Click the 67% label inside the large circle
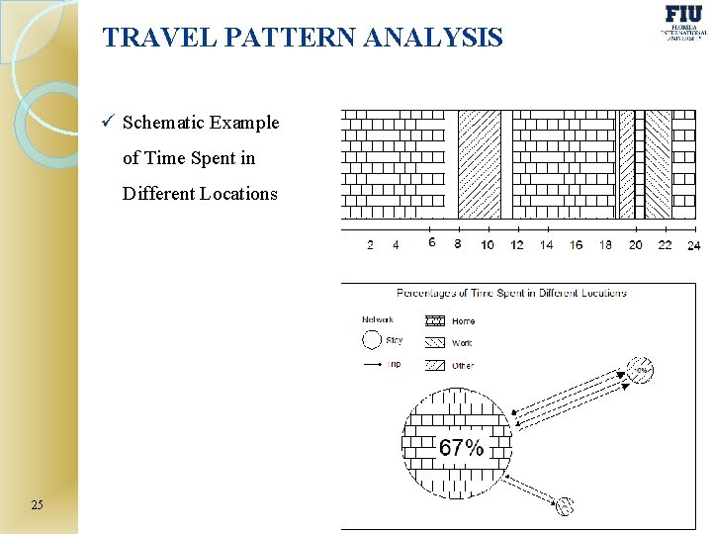(461, 448)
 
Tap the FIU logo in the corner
(684, 22)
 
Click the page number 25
(37, 505)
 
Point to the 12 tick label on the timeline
(517, 245)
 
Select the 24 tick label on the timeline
(693, 245)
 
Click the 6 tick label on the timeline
(431, 242)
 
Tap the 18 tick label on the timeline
(605, 245)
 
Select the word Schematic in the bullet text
(164, 123)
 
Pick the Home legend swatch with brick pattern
(434, 320)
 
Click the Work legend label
(462, 343)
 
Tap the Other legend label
(463, 366)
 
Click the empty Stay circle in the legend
(371, 340)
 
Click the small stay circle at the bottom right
(565, 506)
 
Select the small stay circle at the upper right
(641, 370)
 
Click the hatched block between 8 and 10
(480, 164)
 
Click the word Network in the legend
(377, 319)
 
